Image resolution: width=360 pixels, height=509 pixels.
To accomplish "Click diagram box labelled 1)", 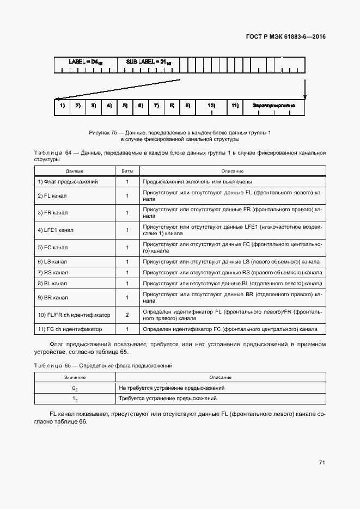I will pyautogui.click(x=62, y=105).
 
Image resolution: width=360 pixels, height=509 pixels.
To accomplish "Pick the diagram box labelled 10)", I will pyautogui.click(x=211, y=105).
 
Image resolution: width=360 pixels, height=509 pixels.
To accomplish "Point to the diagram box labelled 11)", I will pyautogui.click(x=235, y=105).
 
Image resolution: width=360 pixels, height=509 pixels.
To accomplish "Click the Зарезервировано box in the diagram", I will pyautogui.click(x=274, y=105).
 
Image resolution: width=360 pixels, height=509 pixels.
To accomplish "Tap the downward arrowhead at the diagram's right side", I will pyautogui.click(x=304, y=97).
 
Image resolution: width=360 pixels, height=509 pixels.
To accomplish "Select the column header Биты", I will pyautogui.click(x=127, y=171).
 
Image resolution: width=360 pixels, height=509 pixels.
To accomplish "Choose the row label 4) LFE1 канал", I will pyautogui.click(x=55, y=230).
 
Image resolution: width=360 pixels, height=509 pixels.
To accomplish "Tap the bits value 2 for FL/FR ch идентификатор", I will pyautogui.click(x=127, y=315).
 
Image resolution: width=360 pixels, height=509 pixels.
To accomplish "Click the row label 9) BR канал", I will pyautogui.click(x=52, y=298).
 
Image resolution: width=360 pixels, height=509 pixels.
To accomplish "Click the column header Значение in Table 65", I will pyautogui.click(x=75, y=377).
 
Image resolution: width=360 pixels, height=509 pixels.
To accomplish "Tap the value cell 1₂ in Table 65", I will pyautogui.click(x=75, y=399).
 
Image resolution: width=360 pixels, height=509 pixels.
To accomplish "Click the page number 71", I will pyautogui.click(x=322, y=462).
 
